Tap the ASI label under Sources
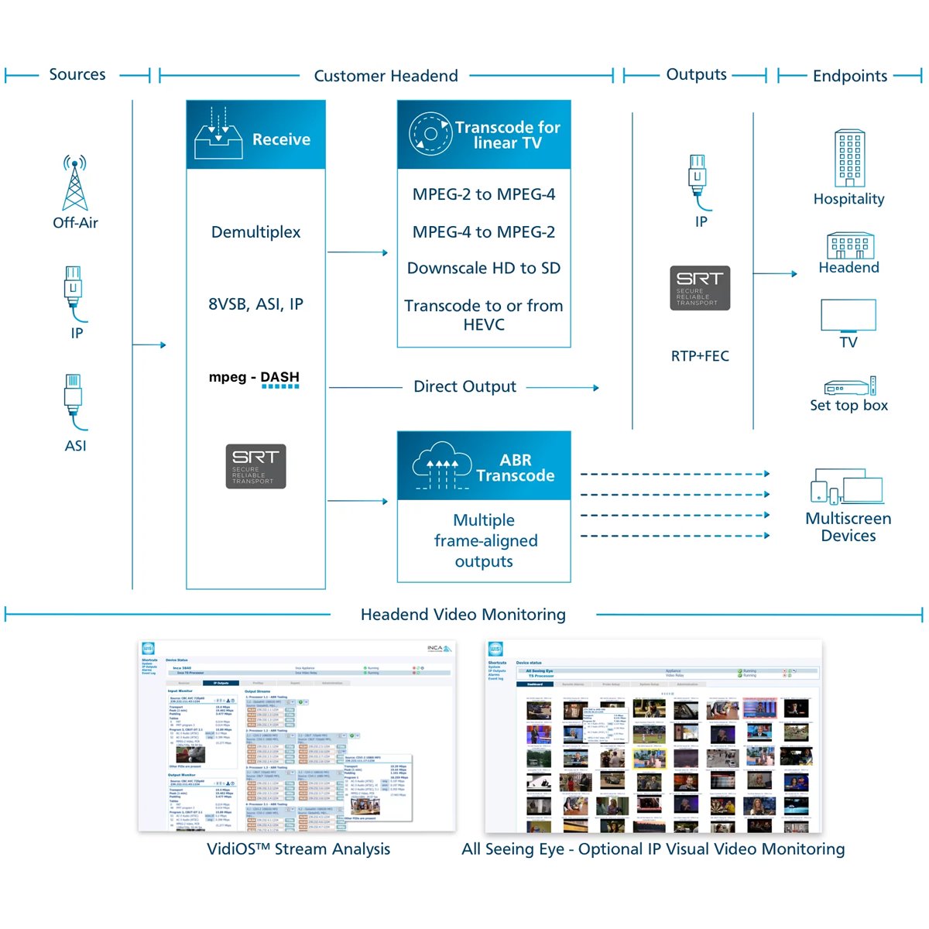(75, 446)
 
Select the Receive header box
(255, 135)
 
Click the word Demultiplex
(255, 232)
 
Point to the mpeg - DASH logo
(254, 378)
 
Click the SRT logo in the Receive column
(255, 466)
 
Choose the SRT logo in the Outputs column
(700, 288)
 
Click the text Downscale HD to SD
(484, 269)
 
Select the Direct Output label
(464, 387)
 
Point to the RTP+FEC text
(700, 356)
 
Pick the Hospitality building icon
(849, 158)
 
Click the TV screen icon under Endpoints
(848, 316)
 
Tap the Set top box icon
(849, 386)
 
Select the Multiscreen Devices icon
(847, 487)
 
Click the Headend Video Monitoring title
(463, 615)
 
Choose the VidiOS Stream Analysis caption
(299, 849)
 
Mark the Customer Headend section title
(386, 76)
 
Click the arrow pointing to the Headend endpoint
(775, 273)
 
